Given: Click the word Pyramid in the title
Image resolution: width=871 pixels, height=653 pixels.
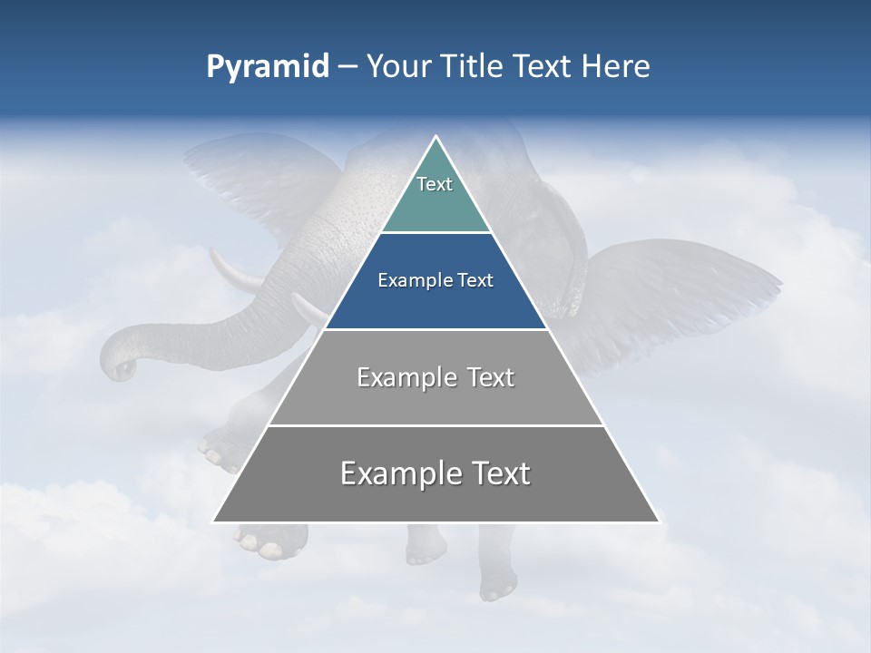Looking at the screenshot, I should pyautogui.click(x=268, y=67).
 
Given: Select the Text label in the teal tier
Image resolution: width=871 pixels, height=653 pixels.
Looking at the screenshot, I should pyautogui.click(x=435, y=185).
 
